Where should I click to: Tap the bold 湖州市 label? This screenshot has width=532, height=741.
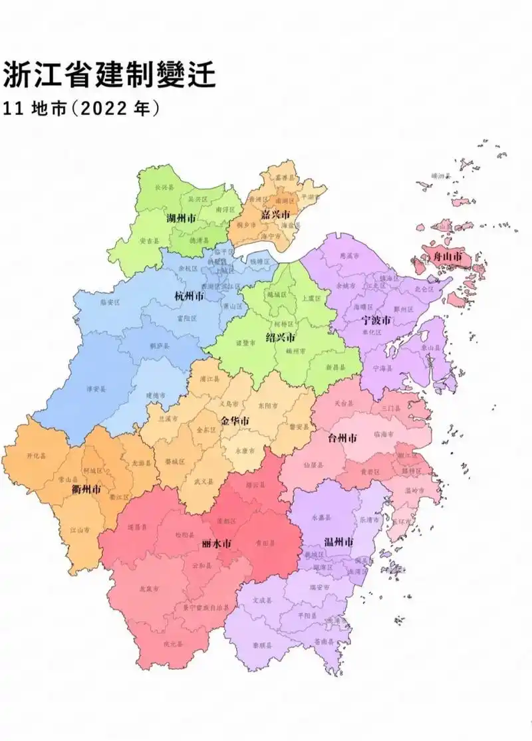point(180,218)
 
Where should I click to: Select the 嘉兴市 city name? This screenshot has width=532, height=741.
point(275,215)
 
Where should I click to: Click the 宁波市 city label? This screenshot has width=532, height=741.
point(376,320)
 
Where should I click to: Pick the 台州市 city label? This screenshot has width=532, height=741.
point(342,438)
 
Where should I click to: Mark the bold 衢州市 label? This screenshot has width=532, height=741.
point(86,490)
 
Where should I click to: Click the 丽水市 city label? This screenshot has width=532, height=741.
point(216,544)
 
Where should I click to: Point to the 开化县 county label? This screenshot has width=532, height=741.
point(37,456)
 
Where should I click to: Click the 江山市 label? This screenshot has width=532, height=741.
point(80,530)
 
